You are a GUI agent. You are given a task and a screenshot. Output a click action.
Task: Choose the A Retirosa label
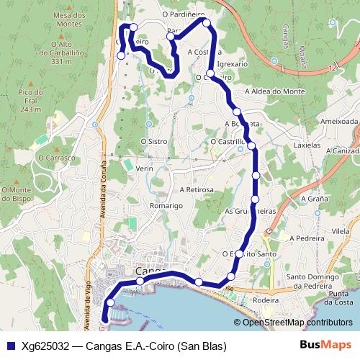(x=197, y=189)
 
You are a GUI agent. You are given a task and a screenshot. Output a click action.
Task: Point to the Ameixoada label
(x=340, y=122)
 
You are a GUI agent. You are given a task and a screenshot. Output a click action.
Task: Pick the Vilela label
(x=341, y=231)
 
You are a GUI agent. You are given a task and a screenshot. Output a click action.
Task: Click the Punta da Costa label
(x=339, y=298)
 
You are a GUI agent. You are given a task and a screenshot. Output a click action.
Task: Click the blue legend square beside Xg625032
(x=9, y=346)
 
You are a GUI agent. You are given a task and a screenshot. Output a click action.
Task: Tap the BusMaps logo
(x=325, y=345)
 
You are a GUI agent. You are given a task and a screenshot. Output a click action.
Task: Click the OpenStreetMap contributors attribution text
(x=297, y=323)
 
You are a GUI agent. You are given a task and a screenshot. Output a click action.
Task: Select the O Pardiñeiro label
(x=184, y=13)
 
